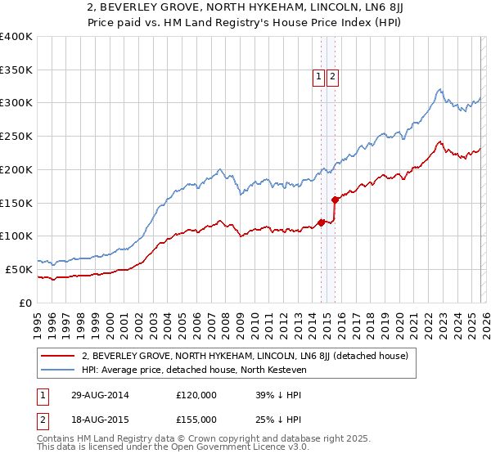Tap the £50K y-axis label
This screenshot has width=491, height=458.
click(x=19, y=269)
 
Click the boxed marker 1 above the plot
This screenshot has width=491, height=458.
click(x=318, y=77)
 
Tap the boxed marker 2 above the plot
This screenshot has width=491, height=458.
click(x=333, y=77)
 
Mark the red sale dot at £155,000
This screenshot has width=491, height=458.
click(x=335, y=200)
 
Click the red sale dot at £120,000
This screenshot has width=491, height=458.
click(x=321, y=222)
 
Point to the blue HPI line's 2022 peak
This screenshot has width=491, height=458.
click(x=439, y=89)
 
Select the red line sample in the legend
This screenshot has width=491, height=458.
click(x=57, y=356)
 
